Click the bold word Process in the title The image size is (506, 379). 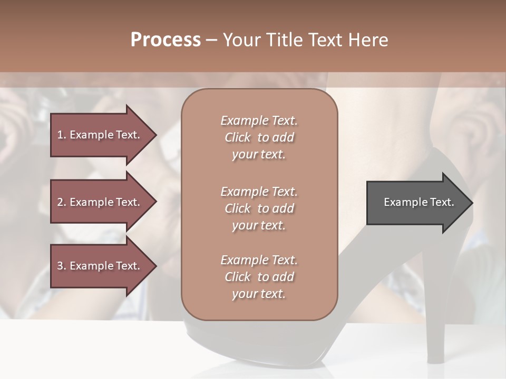pos(166,40)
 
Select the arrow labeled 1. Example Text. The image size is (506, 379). pos(100,135)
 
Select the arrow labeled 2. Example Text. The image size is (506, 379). pos(100,202)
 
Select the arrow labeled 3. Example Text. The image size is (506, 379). pos(100,266)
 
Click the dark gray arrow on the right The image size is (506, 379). pos(416,203)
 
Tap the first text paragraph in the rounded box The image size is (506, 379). pos(259,137)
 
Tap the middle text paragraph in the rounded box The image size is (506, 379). pos(259,208)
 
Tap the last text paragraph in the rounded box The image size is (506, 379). pos(259,277)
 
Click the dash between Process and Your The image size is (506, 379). pos(211,41)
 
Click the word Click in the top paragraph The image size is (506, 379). pos(238,137)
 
